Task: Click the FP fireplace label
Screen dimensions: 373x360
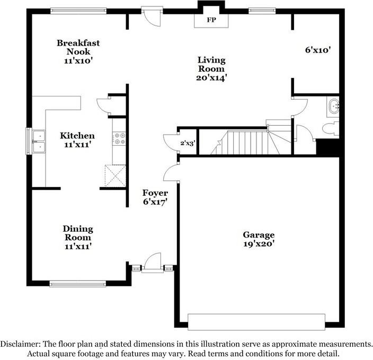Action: click(211, 20)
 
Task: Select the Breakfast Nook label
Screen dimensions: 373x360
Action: click(78, 47)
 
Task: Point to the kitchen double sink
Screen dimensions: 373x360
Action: click(39, 142)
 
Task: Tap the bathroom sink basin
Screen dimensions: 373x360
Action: click(334, 107)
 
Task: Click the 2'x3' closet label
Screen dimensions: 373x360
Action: click(188, 143)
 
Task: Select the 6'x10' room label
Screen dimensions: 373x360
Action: click(318, 50)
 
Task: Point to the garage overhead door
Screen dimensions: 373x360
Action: click(256, 322)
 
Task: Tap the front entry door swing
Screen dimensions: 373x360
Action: click(153, 262)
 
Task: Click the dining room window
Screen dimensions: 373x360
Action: click(78, 284)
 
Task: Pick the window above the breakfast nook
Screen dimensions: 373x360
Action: click(78, 11)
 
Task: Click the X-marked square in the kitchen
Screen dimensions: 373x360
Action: click(116, 175)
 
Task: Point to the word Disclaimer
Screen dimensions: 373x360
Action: click(20, 344)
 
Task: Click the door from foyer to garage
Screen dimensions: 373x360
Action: click(171, 173)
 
